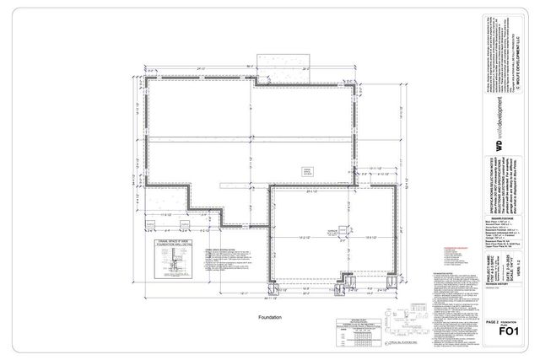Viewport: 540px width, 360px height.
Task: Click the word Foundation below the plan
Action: tap(270, 317)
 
